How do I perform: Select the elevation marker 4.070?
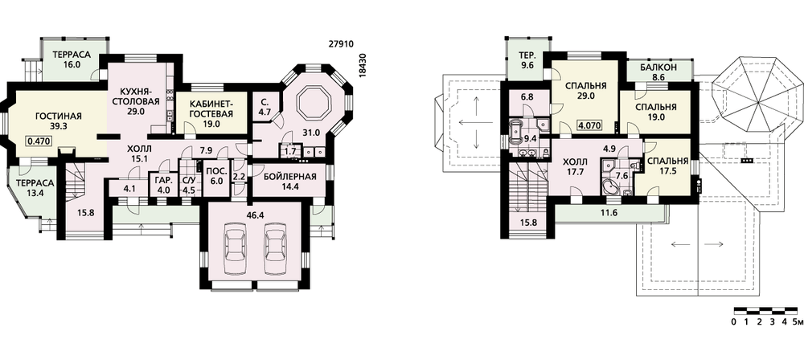pyautogui.click(x=589, y=125)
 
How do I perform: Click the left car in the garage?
pyautogui.click(x=236, y=247)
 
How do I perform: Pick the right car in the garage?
pyautogui.click(x=274, y=247)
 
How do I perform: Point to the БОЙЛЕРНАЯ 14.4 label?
pyautogui.click(x=289, y=182)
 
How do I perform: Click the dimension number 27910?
pyautogui.click(x=341, y=45)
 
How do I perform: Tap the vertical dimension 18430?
pyautogui.click(x=363, y=65)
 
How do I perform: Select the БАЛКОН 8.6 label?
pyautogui.click(x=659, y=72)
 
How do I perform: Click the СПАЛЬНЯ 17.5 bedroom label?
pyautogui.click(x=666, y=166)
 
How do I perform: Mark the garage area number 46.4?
pyautogui.click(x=255, y=215)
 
